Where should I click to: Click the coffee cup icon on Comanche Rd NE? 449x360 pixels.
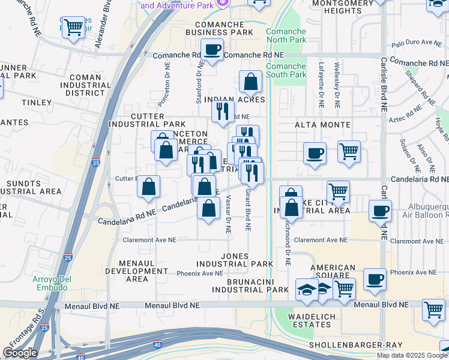pyautogui.click(x=211, y=49)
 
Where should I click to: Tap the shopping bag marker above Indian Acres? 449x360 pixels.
pyautogui.click(x=250, y=81)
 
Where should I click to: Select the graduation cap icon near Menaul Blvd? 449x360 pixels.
pyautogui.click(x=307, y=289)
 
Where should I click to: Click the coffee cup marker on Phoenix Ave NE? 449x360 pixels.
pyautogui.click(x=375, y=280)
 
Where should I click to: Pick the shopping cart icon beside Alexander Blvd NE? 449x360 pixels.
pyautogui.click(x=73, y=27)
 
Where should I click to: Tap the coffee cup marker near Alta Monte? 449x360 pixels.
pyautogui.click(x=315, y=153)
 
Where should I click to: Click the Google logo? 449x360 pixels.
pyautogui.click(x=20, y=353)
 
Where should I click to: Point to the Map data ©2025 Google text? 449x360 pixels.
pyautogui.click(x=412, y=355)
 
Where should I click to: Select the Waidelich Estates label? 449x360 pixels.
pyautogui.click(x=309, y=320)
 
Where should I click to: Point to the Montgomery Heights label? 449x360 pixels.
pyautogui.click(x=345, y=7)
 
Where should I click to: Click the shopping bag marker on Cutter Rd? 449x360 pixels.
pyautogui.click(x=148, y=187)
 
